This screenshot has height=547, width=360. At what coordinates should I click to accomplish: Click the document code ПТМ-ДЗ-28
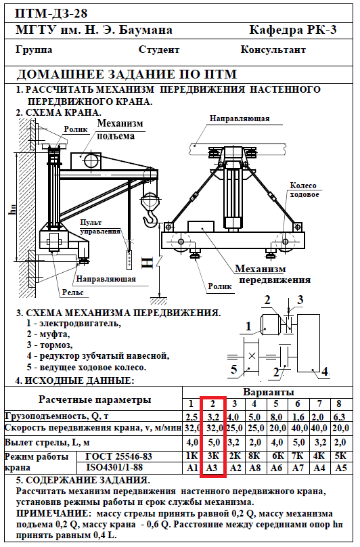point(51,14)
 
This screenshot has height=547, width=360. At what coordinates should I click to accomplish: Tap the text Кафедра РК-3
point(293,30)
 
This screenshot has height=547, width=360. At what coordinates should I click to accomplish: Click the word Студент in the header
point(159,50)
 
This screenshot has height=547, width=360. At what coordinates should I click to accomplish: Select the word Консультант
point(273,49)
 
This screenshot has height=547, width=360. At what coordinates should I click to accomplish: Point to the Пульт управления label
point(100,227)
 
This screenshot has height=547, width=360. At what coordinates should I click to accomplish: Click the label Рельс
point(73,292)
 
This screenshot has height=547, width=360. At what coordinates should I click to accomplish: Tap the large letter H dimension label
point(148,263)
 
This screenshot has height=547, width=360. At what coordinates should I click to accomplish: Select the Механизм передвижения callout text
point(273,274)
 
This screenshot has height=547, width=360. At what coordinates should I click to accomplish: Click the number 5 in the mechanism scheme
point(233,369)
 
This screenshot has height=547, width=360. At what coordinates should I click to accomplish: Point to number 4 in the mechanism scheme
point(325,371)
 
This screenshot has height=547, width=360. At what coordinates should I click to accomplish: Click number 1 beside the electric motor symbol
point(248,326)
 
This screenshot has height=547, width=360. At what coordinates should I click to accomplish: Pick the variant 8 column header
point(339,404)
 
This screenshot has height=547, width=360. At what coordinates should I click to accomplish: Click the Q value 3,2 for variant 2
point(212,417)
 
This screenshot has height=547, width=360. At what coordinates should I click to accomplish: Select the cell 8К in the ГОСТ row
point(255,456)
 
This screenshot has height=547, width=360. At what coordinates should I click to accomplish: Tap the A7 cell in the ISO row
point(298,468)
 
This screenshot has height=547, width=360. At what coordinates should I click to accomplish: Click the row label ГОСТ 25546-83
point(118,456)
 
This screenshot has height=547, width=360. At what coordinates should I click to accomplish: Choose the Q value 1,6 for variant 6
point(298,417)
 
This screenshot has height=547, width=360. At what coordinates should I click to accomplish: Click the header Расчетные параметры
point(95,400)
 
